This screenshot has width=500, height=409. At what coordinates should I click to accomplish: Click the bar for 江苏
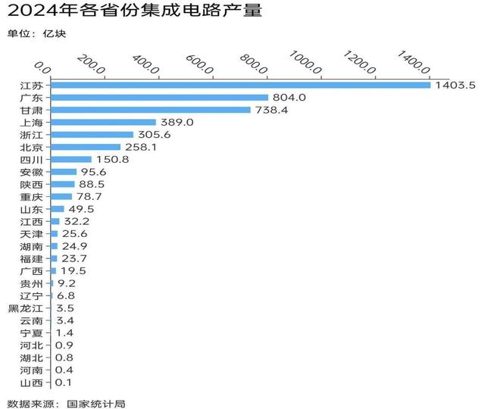(239, 85)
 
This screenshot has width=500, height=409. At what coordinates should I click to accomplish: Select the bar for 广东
(158, 97)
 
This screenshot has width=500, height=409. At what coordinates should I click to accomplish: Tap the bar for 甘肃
(149, 110)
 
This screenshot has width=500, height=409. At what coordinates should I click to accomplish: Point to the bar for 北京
(84, 147)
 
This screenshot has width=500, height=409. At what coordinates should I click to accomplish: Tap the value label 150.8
(113, 160)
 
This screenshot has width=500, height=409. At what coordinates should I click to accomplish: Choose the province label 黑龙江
(26, 308)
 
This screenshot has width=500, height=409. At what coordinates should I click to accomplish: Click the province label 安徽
(32, 172)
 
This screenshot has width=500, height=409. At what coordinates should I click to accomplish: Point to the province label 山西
(32, 382)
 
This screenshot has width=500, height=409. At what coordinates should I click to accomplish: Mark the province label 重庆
(32, 197)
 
